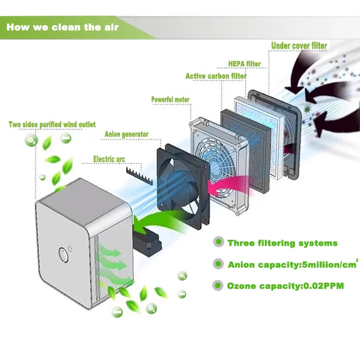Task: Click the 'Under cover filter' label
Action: [x=299, y=46]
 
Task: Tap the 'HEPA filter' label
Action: [x=245, y=64]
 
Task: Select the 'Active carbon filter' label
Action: [x=216, y=76]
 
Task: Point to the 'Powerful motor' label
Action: [x=170, y=100]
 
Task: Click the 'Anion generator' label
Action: [x=126, y=134]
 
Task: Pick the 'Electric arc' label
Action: [x=109, y=159]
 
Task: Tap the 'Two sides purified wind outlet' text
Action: [x=52, y=125]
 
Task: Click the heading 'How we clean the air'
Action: [x=62, y=27]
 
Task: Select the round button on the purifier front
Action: [x=63, y=255]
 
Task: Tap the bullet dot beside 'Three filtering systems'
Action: [x=218, y=242]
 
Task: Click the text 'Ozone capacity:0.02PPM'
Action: [x=285, y=286]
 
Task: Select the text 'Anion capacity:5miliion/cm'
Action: [x=293, y=264]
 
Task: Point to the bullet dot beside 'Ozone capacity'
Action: [x=218, y=285]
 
